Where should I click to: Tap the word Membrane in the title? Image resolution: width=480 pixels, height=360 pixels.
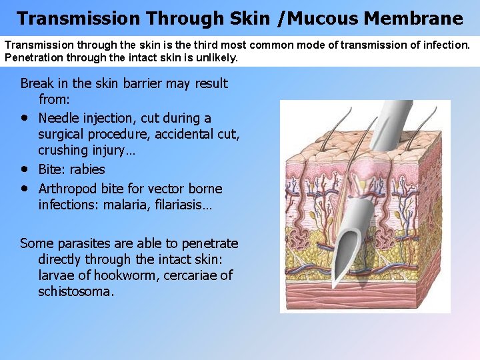(413, 18)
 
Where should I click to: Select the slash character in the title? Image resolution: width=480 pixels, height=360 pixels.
(281, 18)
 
